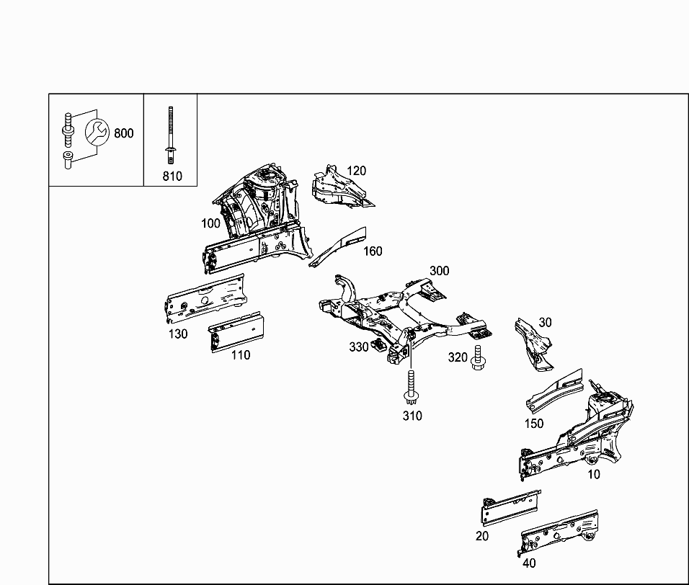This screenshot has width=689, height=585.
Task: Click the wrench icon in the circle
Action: [97, 133]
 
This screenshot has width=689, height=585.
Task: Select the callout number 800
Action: [124, 133]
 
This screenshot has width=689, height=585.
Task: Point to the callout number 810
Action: [172, 176]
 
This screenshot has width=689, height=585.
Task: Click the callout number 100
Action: [210, 223]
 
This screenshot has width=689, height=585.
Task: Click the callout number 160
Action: [373, 251]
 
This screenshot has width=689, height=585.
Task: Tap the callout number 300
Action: [439, 271]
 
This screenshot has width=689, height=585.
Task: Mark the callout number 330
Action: [359, 347]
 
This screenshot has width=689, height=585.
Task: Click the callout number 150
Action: [533, 424]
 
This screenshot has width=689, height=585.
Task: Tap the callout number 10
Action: [593, 474]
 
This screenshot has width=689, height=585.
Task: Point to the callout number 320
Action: [458, 357]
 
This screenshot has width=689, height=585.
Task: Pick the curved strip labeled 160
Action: [339, 247]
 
